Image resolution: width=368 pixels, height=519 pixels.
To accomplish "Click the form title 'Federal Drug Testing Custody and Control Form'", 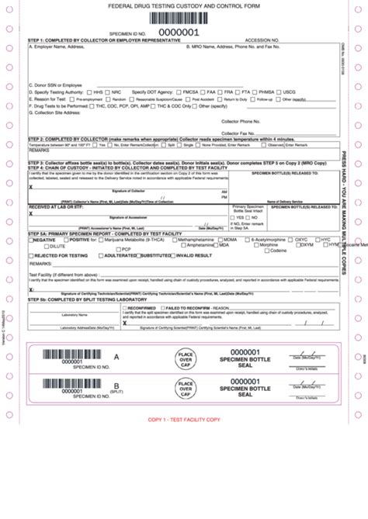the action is (184, 5).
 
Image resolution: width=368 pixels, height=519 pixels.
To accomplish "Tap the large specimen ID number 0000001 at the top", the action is (179, 33).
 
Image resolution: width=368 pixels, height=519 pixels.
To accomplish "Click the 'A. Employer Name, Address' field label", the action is (56, 47).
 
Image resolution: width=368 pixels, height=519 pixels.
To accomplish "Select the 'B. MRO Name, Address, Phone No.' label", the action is (233, 47).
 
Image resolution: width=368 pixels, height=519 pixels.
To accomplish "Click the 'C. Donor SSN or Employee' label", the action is (55, 84).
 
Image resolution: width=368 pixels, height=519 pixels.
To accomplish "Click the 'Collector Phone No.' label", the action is (241, 120).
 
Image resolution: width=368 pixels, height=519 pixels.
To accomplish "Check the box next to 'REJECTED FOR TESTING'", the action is (31, 255).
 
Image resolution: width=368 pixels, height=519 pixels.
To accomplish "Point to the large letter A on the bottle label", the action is (116, 335).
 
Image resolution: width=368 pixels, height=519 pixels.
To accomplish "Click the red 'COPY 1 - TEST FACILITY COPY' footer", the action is (184, 420).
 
